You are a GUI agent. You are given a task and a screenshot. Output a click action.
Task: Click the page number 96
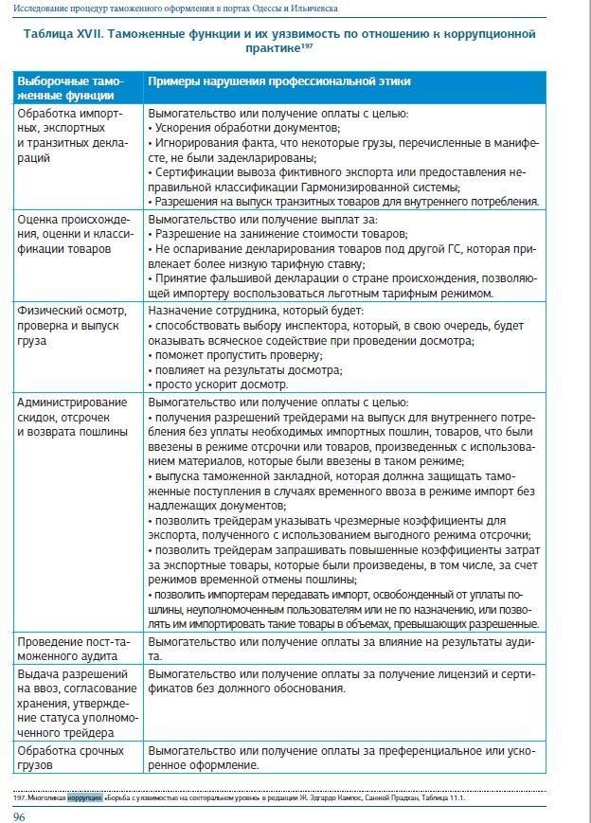18,815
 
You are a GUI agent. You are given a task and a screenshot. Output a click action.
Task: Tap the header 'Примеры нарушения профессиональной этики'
278,82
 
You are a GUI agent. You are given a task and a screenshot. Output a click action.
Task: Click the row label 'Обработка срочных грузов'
70,758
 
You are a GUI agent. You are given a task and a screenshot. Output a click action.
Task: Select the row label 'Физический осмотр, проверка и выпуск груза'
71,325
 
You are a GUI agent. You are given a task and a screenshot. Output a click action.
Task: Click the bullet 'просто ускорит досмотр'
218,385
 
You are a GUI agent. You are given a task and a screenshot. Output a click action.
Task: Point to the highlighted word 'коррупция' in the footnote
85,798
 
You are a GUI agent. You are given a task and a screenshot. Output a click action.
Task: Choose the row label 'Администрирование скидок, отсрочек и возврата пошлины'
71,417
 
